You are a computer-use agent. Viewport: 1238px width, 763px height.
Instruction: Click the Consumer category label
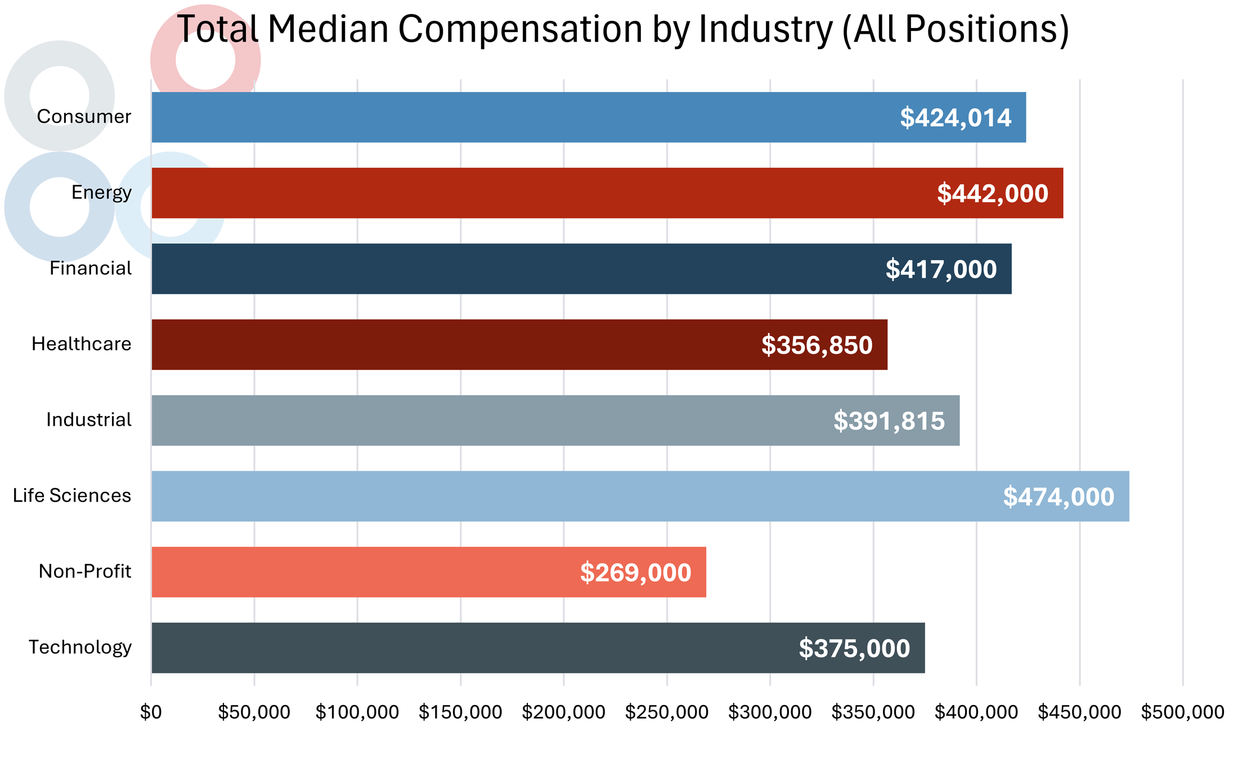coord(84,117)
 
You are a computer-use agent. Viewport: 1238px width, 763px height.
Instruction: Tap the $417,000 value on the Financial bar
coord(941,269)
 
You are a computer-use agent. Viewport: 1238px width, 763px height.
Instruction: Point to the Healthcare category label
coord(81,344)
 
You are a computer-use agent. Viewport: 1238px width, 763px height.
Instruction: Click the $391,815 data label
coord(889,421)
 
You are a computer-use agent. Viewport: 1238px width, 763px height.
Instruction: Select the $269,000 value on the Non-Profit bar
coord(635,573)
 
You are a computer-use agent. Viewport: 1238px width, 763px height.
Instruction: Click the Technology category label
coord(80,648)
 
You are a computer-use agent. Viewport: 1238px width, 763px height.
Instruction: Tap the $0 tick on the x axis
coord(151,712)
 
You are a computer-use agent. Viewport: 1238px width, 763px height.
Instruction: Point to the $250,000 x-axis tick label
coord(666,712)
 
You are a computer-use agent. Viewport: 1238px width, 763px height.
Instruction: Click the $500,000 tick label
coord(1182,712)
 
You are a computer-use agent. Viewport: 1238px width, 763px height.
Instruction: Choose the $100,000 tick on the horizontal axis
coord(357,712)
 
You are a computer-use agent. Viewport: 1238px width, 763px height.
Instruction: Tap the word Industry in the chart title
coord(765,29)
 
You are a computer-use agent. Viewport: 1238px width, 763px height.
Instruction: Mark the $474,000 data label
coord(1058,497)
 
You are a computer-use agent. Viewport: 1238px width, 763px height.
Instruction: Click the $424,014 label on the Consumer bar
coord(955,118)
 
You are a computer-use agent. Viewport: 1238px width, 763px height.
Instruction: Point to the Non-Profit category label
coord(84,572)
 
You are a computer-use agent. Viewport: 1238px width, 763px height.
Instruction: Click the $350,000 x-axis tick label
coord(873,712)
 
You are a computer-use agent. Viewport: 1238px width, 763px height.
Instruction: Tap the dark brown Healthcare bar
coord(450,345)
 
